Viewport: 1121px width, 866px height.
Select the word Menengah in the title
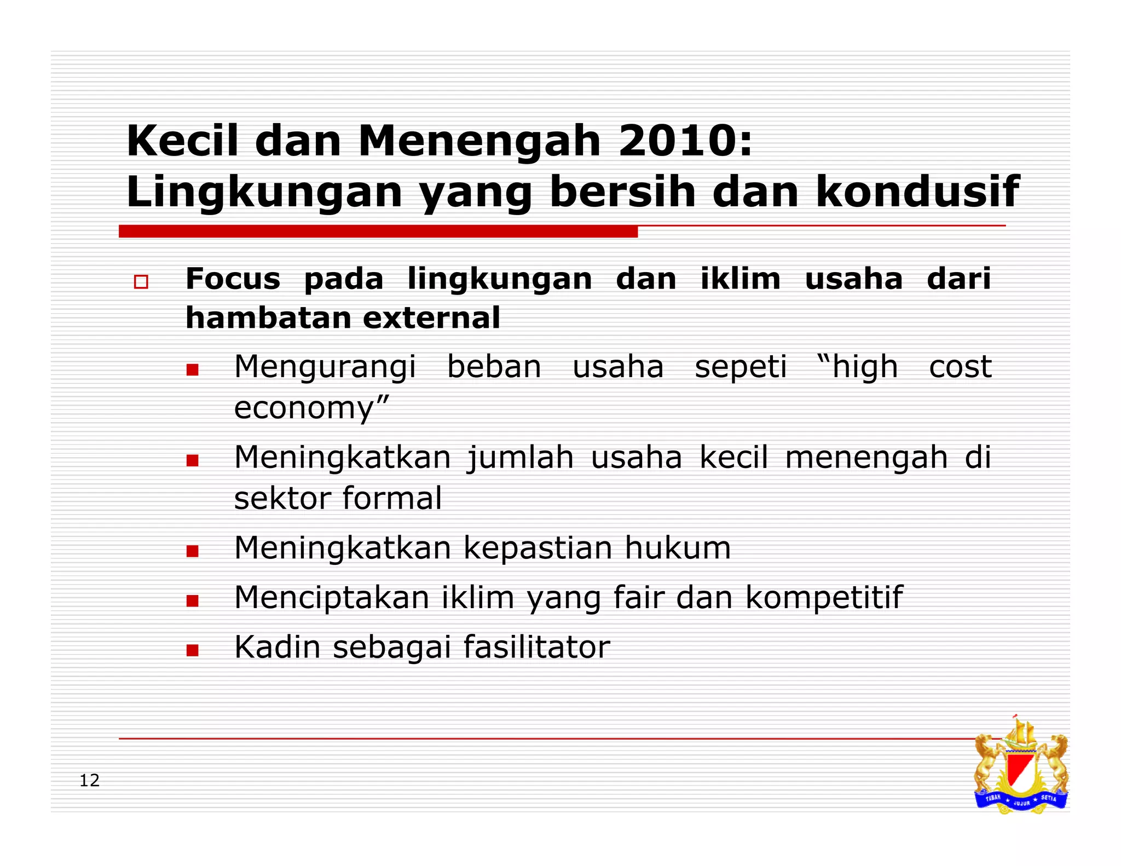click(x=479, y=141)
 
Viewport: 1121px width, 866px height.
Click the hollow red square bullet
click(x=141, y=282)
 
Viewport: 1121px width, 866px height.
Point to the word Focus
click(x=233, y=279)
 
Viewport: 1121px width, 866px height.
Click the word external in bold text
click(x=431, y=318)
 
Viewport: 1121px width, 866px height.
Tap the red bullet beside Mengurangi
click(x=192, y=370)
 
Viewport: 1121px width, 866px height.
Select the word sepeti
click(x=741, y=367)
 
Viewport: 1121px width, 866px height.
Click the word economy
click(x=304, y=408)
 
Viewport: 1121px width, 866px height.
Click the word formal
click(x=392, y=498)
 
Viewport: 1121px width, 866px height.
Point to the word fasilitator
click(x=536, y=647)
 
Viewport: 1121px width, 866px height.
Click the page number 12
click(x=90, y=781)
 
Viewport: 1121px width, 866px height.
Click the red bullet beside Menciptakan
click(x=192, y=601)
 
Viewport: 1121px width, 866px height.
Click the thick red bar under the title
click(x=378, y=232)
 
